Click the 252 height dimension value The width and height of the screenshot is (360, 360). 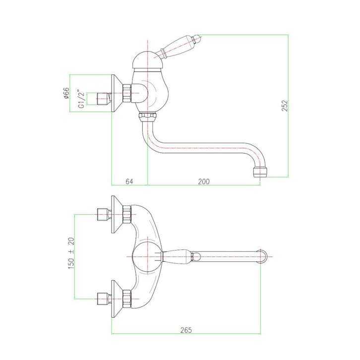pos(285,106)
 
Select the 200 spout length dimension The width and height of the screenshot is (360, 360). pos(204,181)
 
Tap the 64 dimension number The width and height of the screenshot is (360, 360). pos(129,181)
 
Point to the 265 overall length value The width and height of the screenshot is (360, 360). pos(186,330)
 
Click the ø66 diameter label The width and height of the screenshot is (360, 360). pos(66,93)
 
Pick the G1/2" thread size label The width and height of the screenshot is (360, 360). pos(82,99)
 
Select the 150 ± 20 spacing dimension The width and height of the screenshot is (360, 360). pos(71,253)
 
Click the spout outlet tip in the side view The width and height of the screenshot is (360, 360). pos(260,173)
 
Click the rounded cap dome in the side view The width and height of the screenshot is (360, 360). pos(148,60)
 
